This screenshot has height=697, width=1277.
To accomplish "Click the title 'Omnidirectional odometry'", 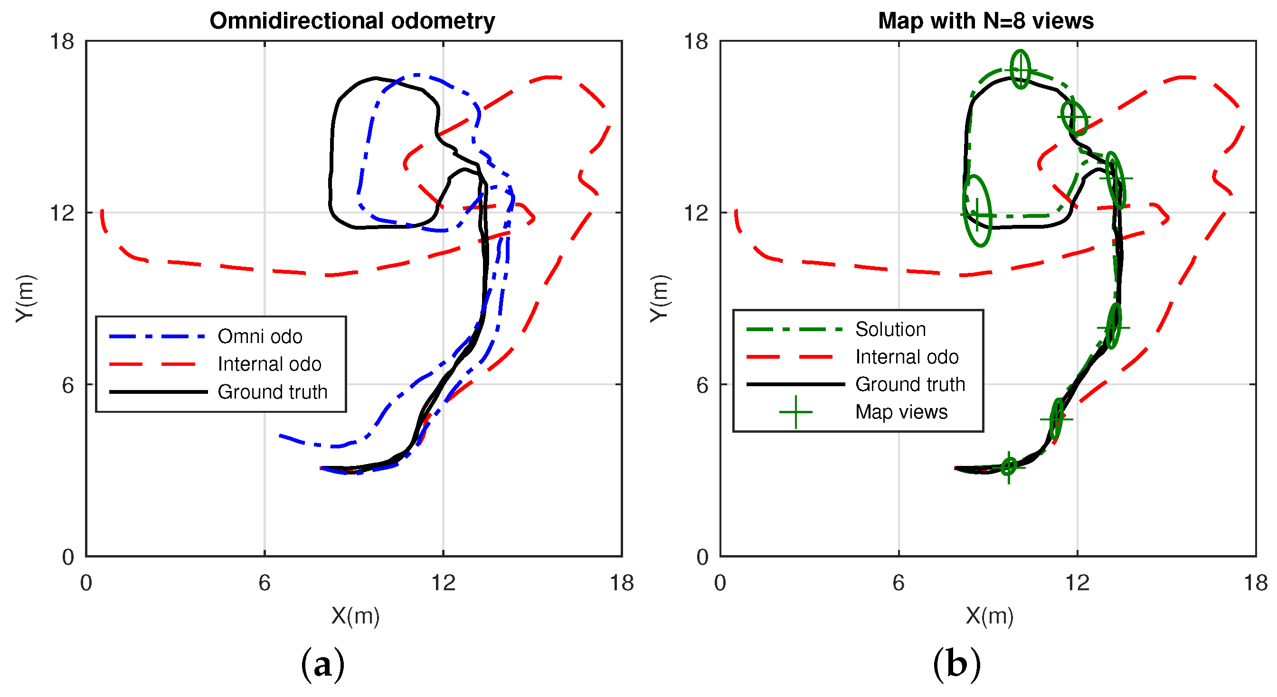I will click(352, 21).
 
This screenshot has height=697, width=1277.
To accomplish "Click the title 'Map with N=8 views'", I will click(985, 21).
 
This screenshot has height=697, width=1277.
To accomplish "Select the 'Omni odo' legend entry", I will click(260, 336).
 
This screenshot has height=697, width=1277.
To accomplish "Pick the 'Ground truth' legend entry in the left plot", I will click(272, 392).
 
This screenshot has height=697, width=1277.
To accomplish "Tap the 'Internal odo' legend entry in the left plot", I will click(269, 364).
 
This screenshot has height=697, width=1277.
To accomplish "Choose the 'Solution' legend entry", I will click(890, 329).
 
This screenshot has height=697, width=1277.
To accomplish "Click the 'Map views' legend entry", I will click(901, 412).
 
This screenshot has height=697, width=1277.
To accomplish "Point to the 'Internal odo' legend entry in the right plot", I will click(907, 357).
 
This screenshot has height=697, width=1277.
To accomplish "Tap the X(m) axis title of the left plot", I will click(355, 616).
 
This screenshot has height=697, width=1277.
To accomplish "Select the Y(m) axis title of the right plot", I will click(659, 298).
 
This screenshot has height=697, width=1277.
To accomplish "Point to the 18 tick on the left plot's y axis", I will click(61, 41).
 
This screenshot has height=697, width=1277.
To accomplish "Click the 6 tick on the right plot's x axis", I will click(898, 583).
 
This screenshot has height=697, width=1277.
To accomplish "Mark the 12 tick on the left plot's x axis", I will click(443, 583).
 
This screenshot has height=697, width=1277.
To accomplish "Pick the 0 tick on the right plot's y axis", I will click(702, 558).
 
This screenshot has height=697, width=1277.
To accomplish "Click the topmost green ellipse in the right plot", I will click(1020, 69).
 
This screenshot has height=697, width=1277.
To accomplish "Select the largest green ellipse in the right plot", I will click(977, 211).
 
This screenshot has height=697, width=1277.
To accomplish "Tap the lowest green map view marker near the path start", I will click(1009, 467).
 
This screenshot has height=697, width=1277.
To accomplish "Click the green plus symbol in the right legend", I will click(795, 412).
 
